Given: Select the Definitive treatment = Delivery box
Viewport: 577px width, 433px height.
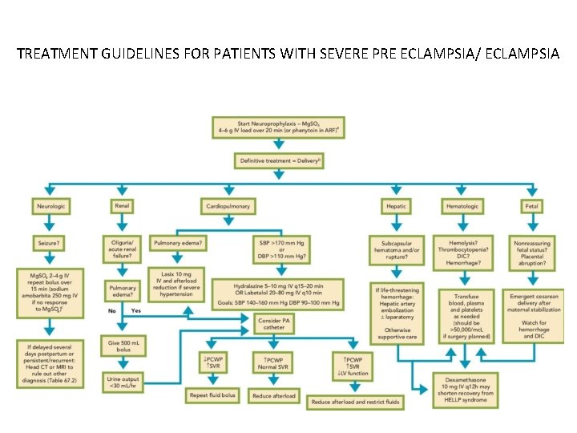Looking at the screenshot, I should point(280,160).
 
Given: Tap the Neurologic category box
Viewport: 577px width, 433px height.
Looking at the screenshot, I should point(50,206).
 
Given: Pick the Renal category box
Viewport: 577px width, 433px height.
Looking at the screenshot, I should point(122,206).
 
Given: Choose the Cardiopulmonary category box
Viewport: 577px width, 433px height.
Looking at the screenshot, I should point(228,206).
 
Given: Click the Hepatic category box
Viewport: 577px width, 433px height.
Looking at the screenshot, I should point(396,206).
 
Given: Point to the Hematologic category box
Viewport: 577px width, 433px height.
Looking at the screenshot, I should point(462,206).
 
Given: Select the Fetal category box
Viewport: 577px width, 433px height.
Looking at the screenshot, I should point(531,206).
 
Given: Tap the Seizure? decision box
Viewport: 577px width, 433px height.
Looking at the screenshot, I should point(49,241).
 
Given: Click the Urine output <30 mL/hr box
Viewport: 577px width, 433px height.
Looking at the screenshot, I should point(122,380).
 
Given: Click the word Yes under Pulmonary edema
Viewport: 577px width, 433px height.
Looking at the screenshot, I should point(135,310).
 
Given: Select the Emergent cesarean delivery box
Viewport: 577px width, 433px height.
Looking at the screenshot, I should point(531,315).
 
